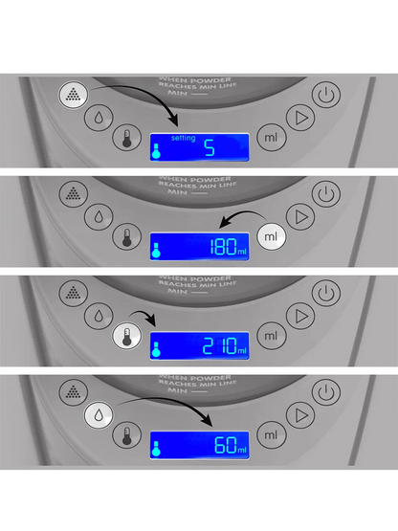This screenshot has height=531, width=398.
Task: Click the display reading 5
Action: (x=199, y=147)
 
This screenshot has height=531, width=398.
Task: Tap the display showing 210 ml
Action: (x=199, y=345)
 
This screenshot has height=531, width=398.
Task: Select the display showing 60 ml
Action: (x=199, y=444)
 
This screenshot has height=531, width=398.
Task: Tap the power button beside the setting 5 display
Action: (x=327, y=94)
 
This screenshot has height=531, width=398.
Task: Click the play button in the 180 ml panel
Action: (x=301, y=216)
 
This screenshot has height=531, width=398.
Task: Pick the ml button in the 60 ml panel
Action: (x=271, y=433)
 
